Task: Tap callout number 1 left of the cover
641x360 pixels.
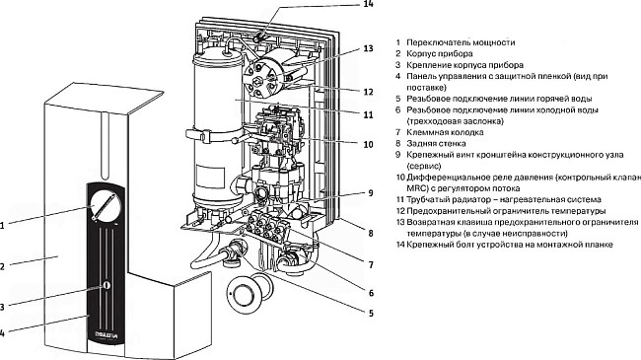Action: (x=3, y=225)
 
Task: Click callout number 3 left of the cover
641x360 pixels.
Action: (x=3, y=306)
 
